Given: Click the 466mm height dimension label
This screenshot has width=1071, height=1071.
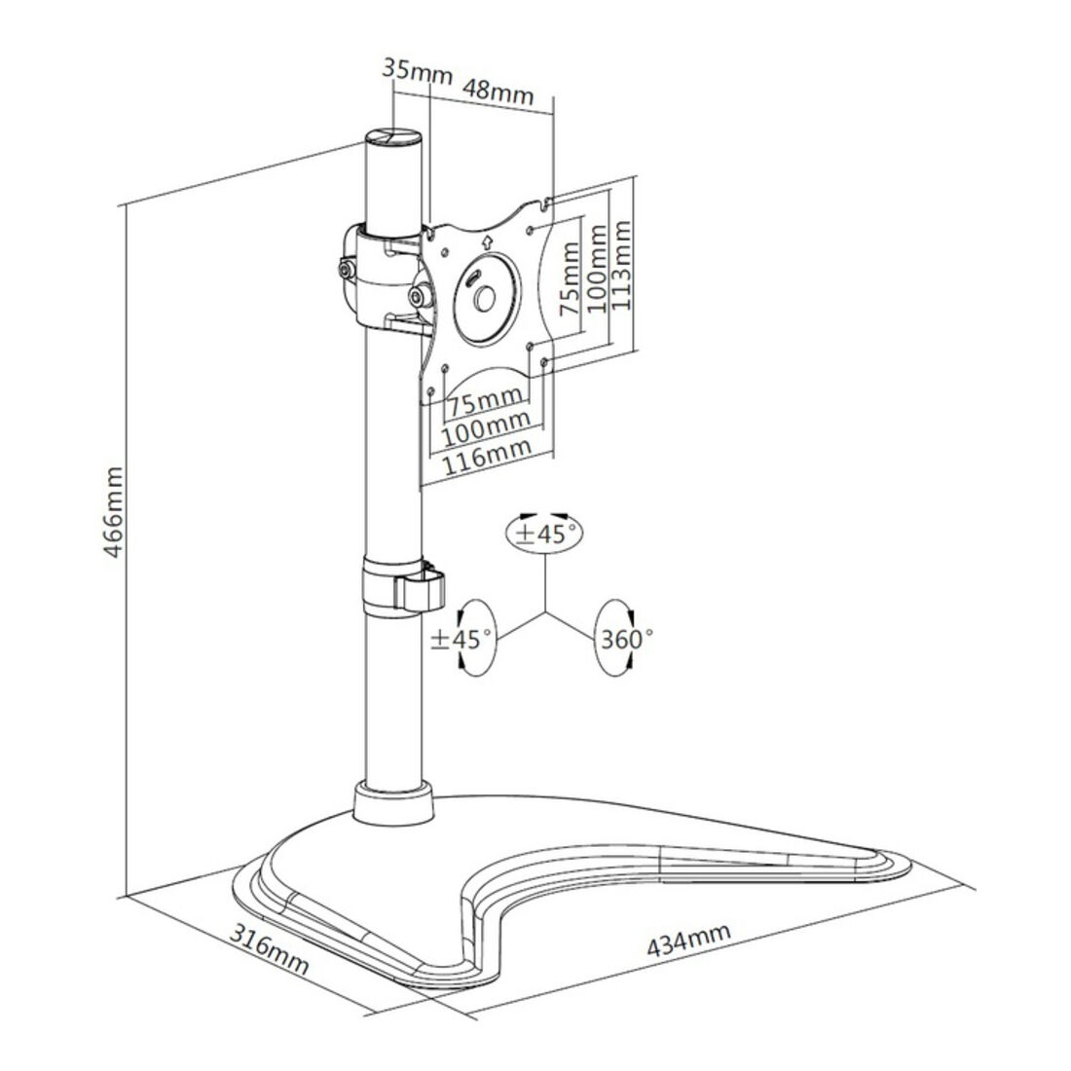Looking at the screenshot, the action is [113, 511].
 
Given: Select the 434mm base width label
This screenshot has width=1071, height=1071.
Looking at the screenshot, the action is [688, 940].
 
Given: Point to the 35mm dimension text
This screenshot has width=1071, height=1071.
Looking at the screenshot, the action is [417, 70].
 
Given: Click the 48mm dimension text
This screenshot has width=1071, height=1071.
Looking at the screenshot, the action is [498, 91].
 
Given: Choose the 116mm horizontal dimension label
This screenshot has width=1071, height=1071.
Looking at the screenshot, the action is [487, 457].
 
